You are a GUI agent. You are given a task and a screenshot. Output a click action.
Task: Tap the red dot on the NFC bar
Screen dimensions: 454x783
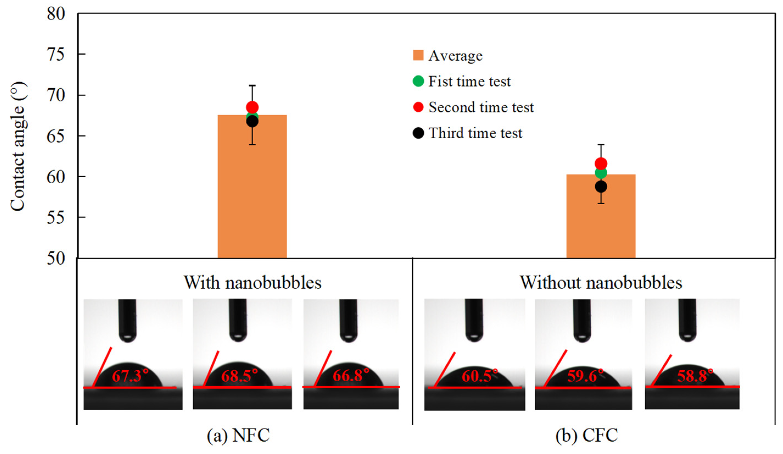pos(252,107)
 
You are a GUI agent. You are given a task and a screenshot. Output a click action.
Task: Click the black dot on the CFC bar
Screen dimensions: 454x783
pos(601,187)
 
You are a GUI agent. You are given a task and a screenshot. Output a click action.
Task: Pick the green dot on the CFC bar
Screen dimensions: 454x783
pos(601,173)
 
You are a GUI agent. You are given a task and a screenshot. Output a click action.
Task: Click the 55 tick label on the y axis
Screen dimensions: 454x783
pos(56,217)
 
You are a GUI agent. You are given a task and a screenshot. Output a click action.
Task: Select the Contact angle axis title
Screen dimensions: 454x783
pos(18,146)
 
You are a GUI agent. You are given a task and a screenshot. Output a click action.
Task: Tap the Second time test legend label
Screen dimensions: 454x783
pos(481,107)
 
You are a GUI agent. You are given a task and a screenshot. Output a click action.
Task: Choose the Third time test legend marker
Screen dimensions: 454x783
pos(418,133)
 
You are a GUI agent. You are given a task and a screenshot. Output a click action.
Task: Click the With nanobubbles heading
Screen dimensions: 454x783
pos(252,282)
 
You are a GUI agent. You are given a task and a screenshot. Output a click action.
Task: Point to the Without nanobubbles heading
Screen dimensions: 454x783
pos(601,282)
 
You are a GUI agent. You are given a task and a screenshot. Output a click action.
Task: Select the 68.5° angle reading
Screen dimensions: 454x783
pos(239,376)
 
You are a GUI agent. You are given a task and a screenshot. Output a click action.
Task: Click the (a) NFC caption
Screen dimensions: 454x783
pos(238,435)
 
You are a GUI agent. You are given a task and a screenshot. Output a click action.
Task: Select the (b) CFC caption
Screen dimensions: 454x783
pos(587,435)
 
